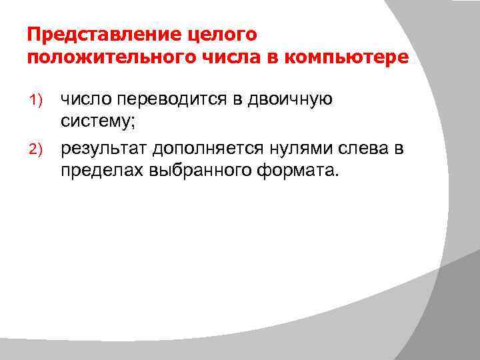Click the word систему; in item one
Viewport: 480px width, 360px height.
(98, 123)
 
